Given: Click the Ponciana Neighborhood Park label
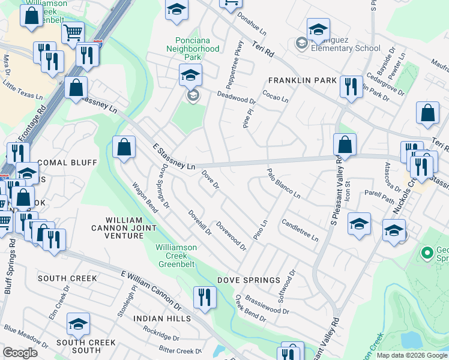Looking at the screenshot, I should [193, 49].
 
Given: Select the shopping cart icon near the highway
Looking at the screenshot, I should [73, 34].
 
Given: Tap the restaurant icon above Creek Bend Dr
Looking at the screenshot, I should [205, 298].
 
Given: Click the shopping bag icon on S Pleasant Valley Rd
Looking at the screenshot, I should [345, 145].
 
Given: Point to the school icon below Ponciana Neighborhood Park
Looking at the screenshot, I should [190, 75].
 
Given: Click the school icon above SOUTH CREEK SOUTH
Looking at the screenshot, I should [78, 324].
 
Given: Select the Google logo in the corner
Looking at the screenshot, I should [20, 352].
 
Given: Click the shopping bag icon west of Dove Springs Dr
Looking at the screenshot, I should [123, 147].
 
